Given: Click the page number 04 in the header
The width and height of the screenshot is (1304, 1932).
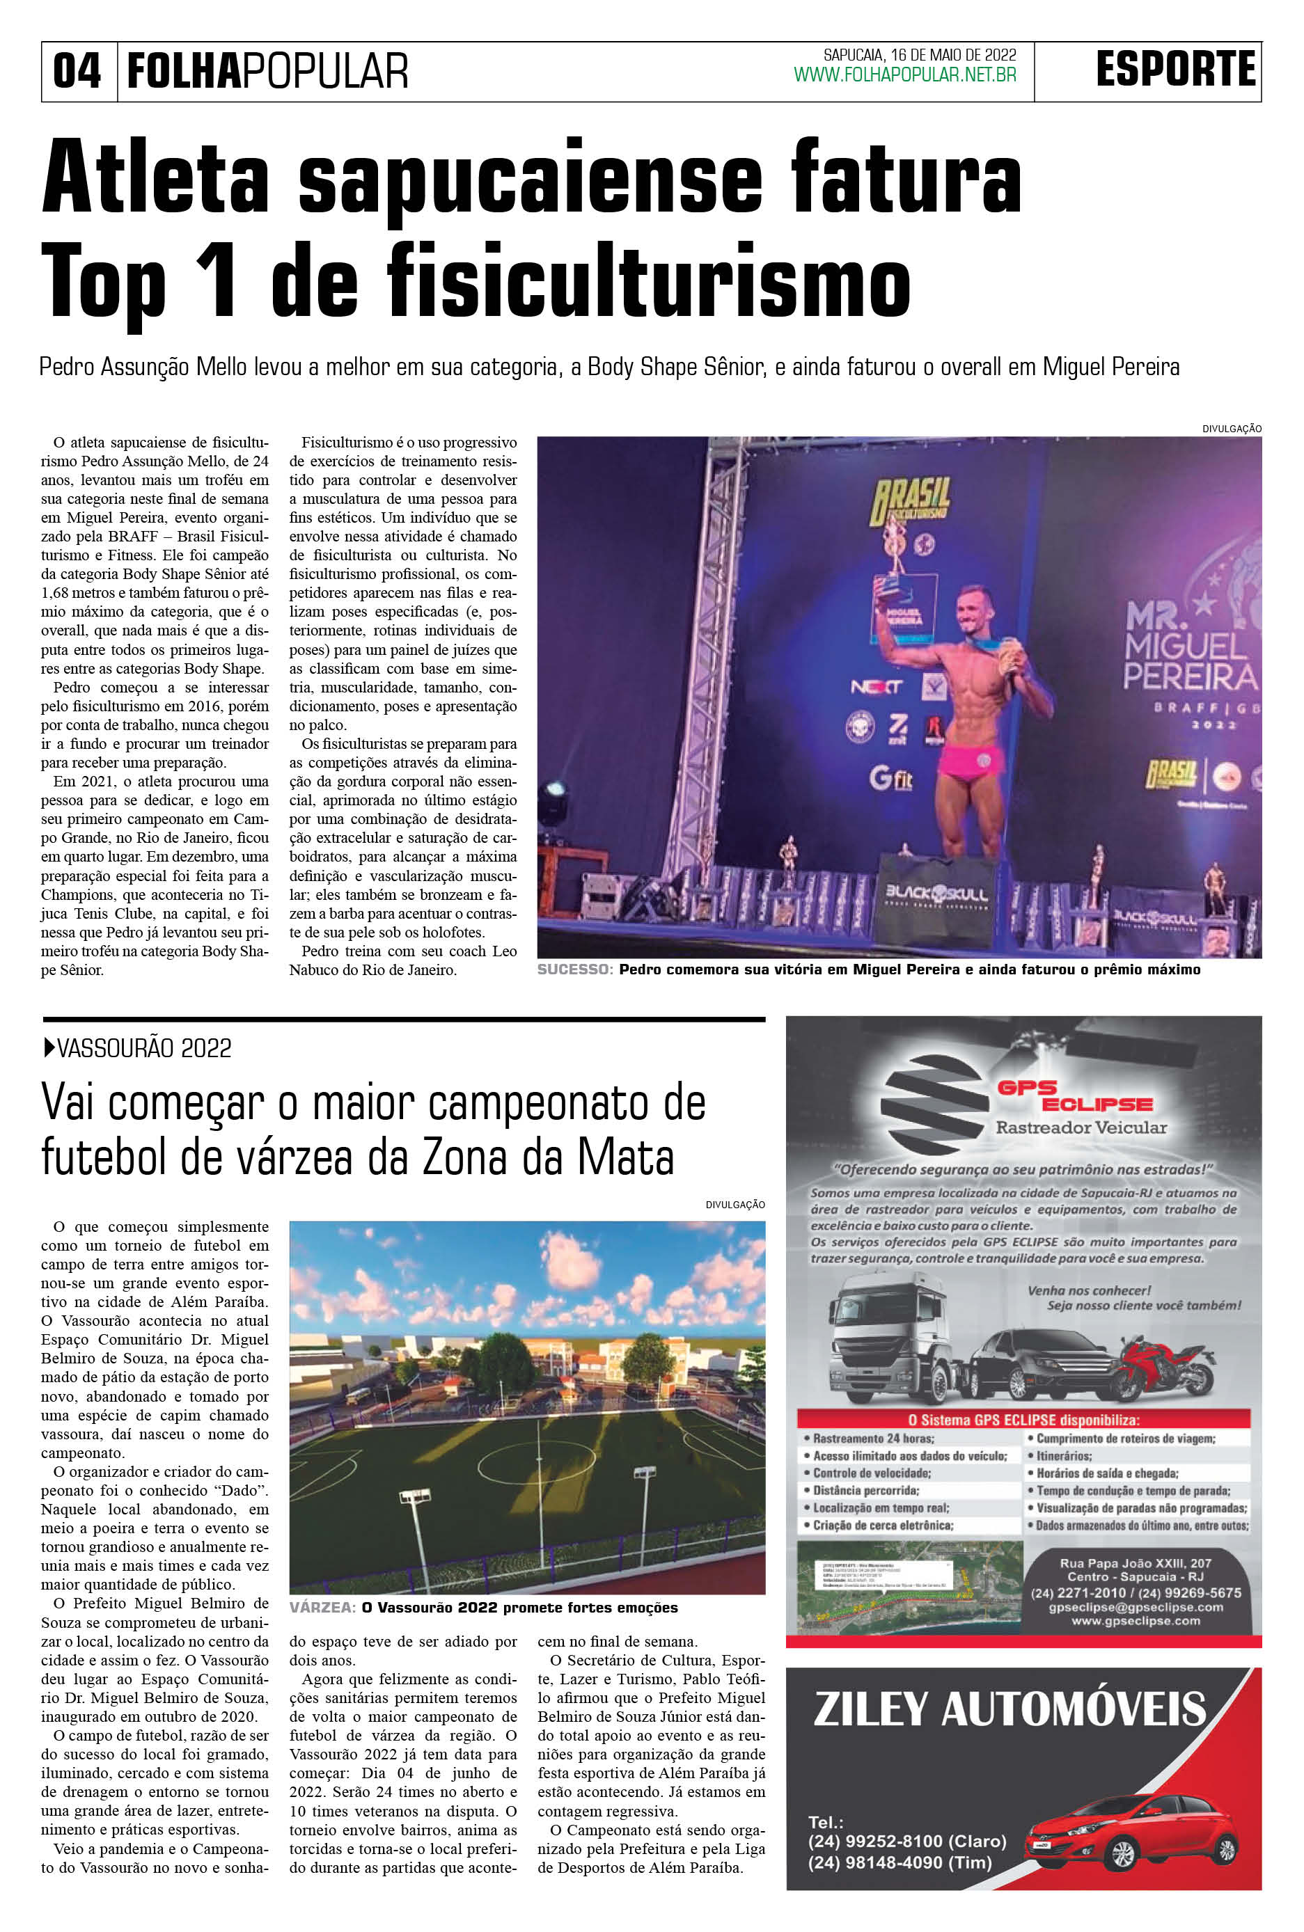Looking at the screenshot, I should tap(77, 72).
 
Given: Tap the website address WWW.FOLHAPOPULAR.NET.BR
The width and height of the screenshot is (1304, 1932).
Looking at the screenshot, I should tap(905, 75).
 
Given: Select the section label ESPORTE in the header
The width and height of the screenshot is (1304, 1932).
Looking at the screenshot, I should tap(1175, 69).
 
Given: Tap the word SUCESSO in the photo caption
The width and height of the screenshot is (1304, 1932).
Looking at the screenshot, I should tap(574, 969).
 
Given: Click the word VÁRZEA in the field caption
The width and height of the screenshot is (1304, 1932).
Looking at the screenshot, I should tap(321, 1608).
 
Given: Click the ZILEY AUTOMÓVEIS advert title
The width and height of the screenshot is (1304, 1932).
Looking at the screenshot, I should tap(1009, 1709).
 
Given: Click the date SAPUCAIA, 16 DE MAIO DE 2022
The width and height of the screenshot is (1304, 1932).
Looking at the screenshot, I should tap(920, 56).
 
